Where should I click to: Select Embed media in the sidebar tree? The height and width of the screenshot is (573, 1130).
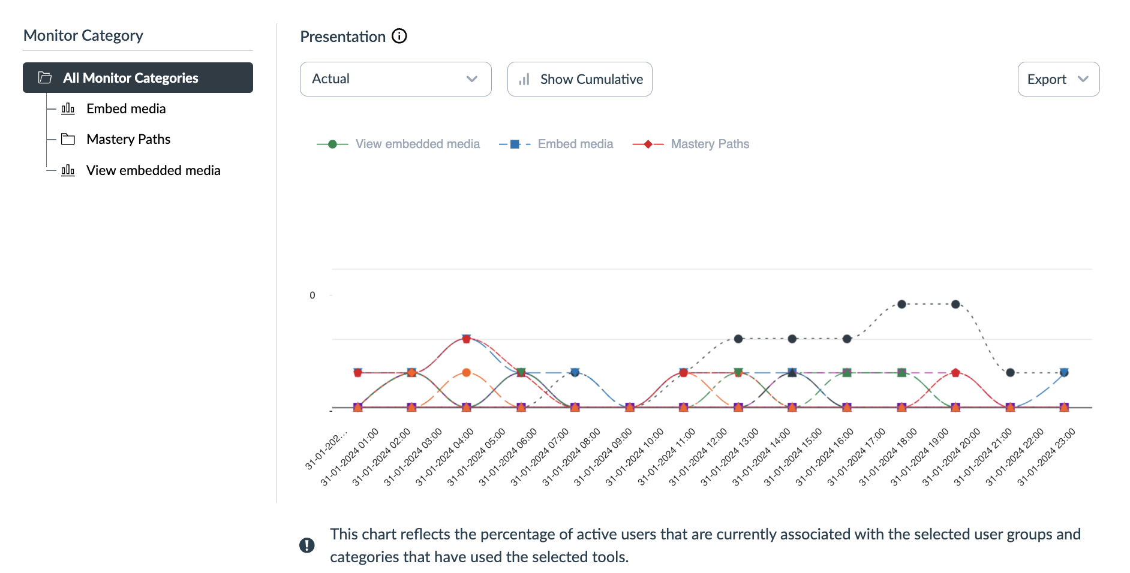tap(126, 108)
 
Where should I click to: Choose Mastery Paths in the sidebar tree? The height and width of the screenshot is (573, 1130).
tap(128, 139)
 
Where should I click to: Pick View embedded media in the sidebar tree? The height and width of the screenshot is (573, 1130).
tap(153, 170)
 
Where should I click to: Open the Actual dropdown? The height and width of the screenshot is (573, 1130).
tap(395, 79)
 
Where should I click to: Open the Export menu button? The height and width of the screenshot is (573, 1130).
tap(1058, 79)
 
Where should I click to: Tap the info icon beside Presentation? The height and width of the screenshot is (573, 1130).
tap(399, 37)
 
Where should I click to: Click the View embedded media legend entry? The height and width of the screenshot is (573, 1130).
tap(417, 144)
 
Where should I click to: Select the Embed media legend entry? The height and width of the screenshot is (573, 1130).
tap(575, 144)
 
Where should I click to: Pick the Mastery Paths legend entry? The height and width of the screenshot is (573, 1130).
tap(710, 144)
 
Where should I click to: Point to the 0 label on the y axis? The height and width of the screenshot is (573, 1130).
tap(312, 295)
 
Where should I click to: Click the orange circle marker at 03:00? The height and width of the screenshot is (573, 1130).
tap(467, 373)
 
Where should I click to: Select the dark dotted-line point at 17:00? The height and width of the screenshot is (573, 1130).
tap(901, 304)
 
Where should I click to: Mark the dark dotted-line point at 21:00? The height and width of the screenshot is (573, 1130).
tap(1010, 373)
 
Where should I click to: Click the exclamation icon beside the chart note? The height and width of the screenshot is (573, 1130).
tap(307, 545)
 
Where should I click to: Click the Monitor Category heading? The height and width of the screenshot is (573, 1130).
tap(83, 35)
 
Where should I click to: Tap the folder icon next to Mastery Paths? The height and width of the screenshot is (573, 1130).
tap(68, 140)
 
